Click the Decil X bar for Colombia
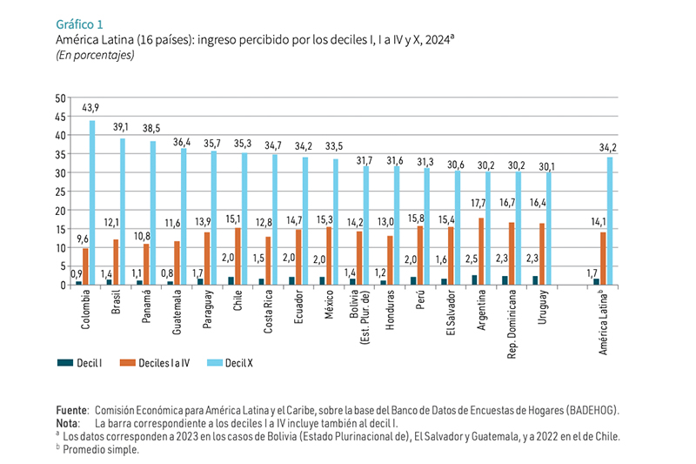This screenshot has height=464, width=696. [x=92, y=203]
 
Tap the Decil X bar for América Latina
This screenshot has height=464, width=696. [x=610, y=221]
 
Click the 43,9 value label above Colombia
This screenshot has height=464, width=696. [x=90, y=107]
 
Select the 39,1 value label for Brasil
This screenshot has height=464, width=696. [x=121, y=125]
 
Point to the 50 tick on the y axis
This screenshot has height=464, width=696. [x=61, y=98]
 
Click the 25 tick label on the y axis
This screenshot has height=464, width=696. [x=61, y=192]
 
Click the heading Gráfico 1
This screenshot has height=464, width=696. [x=79, y=23]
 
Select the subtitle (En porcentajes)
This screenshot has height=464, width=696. [x=94, y=55]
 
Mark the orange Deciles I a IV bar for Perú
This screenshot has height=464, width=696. [x=420, y=255]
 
